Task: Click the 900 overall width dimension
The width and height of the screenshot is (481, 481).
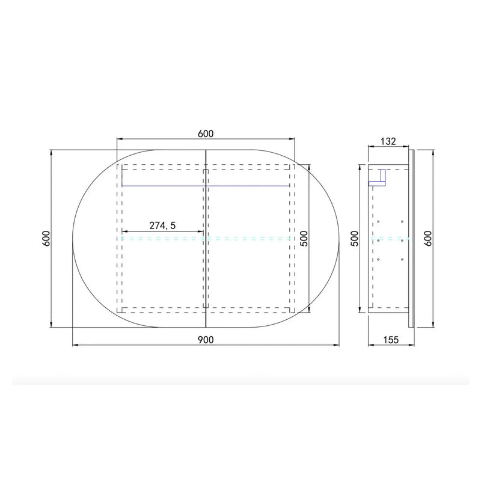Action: (x=206, y=339)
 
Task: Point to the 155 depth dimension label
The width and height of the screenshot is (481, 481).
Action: (x=391, y=339)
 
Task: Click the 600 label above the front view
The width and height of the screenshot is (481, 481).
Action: (x=206, y=133)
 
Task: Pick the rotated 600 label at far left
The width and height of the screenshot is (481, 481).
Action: (x=46, y=238)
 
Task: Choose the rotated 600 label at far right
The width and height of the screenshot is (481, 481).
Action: (x=427, y=238)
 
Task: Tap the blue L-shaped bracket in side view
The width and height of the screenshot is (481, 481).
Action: (x=379, y=177)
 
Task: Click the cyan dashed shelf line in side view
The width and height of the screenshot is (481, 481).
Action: (x=390, y=239)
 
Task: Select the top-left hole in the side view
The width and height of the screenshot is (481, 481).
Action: (x=379, y=221)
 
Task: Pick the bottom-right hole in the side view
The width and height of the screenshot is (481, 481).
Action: (x=400, y=259)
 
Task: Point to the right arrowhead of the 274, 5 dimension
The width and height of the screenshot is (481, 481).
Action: (x=201, y=231)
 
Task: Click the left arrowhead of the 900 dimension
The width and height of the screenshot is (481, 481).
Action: (x=75, y=346)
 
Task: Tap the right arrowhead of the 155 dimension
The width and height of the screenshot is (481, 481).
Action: (x=412, y=346)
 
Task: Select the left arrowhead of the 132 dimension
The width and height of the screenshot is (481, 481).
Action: (x=370, y=148)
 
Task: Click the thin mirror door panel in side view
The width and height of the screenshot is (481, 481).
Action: (x=411, y=238)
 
